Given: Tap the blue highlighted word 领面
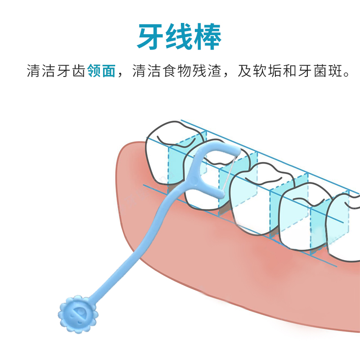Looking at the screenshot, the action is point(102,71).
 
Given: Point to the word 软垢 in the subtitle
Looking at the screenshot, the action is point(260,71).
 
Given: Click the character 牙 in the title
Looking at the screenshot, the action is point(151,36).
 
